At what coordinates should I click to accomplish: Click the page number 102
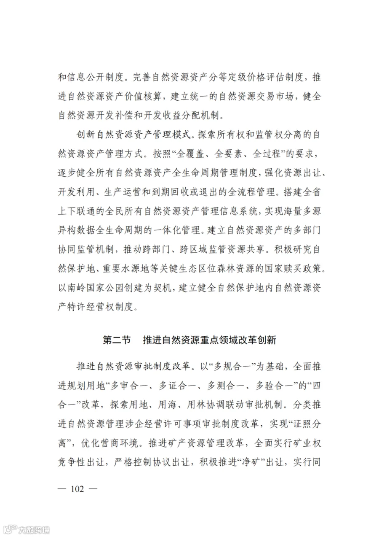click(78, 489)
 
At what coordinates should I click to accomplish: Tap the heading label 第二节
click(117, 340)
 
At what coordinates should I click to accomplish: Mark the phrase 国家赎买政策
click(284, 270)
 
